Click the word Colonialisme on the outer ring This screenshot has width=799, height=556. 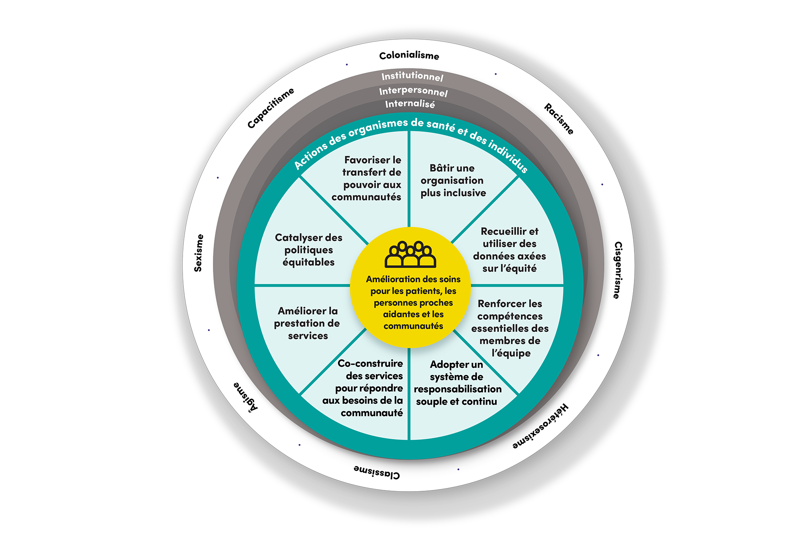(x=409, y=56)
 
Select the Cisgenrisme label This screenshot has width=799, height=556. (x=618, y=270)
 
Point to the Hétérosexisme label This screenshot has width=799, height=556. (x=541, y=427)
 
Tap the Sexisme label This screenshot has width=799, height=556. (x=199, y=253)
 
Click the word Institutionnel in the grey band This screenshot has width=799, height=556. (x=412, y=76)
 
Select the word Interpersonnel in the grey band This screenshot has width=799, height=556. (x=413, y=92)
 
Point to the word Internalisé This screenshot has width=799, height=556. (x=410, y=104)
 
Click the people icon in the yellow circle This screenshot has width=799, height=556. (x=410, y=254)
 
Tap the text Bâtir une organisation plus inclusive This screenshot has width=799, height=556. (x=453, y=180)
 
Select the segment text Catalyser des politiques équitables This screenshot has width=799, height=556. (x=308, y=250)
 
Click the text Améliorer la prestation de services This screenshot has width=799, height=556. (x=307, y=323)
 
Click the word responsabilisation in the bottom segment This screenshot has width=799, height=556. (x=457, y=389)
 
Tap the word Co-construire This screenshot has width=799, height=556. (x=370, y=363)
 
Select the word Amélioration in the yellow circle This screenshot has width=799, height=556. (x=391, y=279)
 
